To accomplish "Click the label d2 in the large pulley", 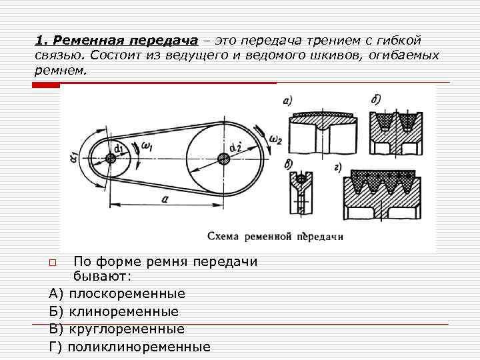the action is pyautogui.click(x=234, y=147).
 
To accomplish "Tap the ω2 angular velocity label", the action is pyautogui.click(x=275, y=139).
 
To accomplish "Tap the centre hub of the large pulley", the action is pyautogui.click(x=223, y=157).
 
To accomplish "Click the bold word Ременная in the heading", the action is pyautogui.click(x=89, y=41).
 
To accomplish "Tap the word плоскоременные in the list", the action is pyautogui.click(x=127, y=293).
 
